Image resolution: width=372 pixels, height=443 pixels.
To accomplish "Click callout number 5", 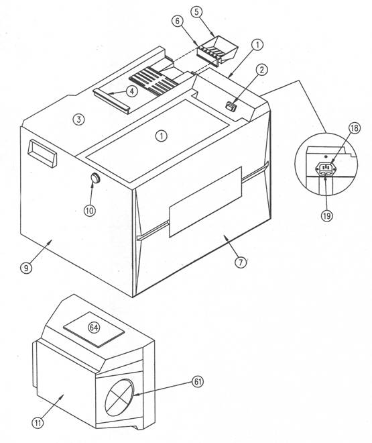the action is pyautogui.click(x=196, y=12).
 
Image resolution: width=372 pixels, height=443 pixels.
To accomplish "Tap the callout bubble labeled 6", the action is pyautogui.click(x=178, y=21).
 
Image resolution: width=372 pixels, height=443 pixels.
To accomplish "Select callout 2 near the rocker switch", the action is pyautogui.click(x=262, y=70).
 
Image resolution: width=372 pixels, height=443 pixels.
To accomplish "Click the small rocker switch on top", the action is pyautogui.click(x=231, y=107).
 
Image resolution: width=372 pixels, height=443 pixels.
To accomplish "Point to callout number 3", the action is pyautogui.click(x=78, y=119).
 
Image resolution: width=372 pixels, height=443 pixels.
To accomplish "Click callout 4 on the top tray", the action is pyautogui.click(x=132, y=91).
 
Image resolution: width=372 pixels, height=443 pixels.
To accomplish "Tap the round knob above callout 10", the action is pyautogui.click(x=96, y=179).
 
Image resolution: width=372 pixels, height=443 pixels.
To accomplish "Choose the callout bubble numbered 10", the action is pyautogui.click(x=90, y=211).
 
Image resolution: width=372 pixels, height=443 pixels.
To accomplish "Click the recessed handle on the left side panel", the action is pyautogui.click(x=42, y=154).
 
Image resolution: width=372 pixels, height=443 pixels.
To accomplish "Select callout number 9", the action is pyautogui.click(x=26, y=268).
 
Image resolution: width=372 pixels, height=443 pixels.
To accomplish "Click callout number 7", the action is pyautogui.click(x=241, y=262).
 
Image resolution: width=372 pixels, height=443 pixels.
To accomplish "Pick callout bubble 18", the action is pyautogui.click(x=355, y=128).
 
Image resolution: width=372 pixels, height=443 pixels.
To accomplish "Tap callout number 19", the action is pyautogui.click(x=327, y=216).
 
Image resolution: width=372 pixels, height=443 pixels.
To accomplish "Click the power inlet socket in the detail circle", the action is pyautogui.click(x=326, y=169).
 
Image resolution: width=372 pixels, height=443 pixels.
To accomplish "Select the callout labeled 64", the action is pyautogui.click(x=94, y=328).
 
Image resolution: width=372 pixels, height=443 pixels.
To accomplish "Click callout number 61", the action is pyautogui.click(x=198, y=382).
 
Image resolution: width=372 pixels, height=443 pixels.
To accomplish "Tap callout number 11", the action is pyautogui.click(x=38, y=423).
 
